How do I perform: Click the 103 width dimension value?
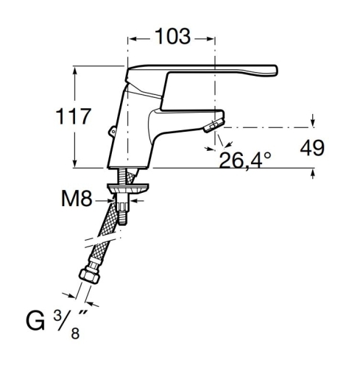[172, 37]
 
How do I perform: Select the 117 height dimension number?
[74, 116]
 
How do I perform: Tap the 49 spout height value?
[312, 148]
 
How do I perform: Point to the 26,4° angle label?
[244, 160]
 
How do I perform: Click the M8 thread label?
[77, 199]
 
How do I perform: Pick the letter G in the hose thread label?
[35, 321]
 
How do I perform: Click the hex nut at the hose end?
[89, 276]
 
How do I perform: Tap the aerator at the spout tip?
[213, 125]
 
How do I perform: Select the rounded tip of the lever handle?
[275, 71]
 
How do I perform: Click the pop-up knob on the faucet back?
[113, 132]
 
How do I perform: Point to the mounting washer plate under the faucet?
[128, 188]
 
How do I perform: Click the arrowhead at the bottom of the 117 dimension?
[75, 163]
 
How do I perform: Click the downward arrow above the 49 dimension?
[313, 121]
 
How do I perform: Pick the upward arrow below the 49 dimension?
[313, 174]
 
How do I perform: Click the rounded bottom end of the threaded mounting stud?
[122, 222]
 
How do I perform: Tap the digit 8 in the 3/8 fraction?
[75, 333]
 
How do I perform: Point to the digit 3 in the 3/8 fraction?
[57, 316]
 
